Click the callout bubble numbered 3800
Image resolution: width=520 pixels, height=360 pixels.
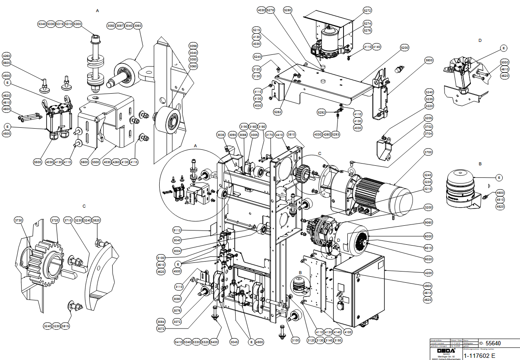pyautogui.click(x=429, y=60)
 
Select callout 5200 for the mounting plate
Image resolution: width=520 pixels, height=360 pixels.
pyautogui.click(x=404, y=47)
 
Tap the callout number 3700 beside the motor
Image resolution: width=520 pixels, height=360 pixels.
pyautogui.click(x=428, y=153)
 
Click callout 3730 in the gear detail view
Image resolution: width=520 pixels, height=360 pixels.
pyautogui.click(x=19, y=220)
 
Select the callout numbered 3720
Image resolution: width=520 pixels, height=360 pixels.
pyautogui.click(x=55, y=220)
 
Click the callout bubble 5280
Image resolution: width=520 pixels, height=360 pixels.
pyautogui.click(x=288, y=10)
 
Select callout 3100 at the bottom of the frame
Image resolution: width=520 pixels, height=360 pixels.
pyautogui.click(x=295, y=341)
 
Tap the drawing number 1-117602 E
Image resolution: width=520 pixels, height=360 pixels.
pyautogui.click(x=479, y=356)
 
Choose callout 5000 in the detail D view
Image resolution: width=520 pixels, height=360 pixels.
pyautogui.click(x=505, y=63)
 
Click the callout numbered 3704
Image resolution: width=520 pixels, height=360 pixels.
pyautogui.click(x=428, y=134)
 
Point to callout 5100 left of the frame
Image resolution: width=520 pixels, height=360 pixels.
pyautogui.click(x=161, y=258)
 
